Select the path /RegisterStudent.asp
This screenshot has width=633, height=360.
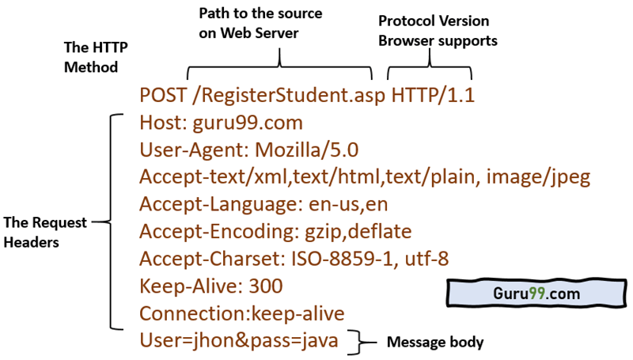point(289,96)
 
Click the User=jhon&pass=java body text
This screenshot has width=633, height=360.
point(239,341)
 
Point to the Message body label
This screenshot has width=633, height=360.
point(434,343)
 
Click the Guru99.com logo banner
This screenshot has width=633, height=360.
point(536,293)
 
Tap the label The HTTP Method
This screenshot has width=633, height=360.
point(90,58)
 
